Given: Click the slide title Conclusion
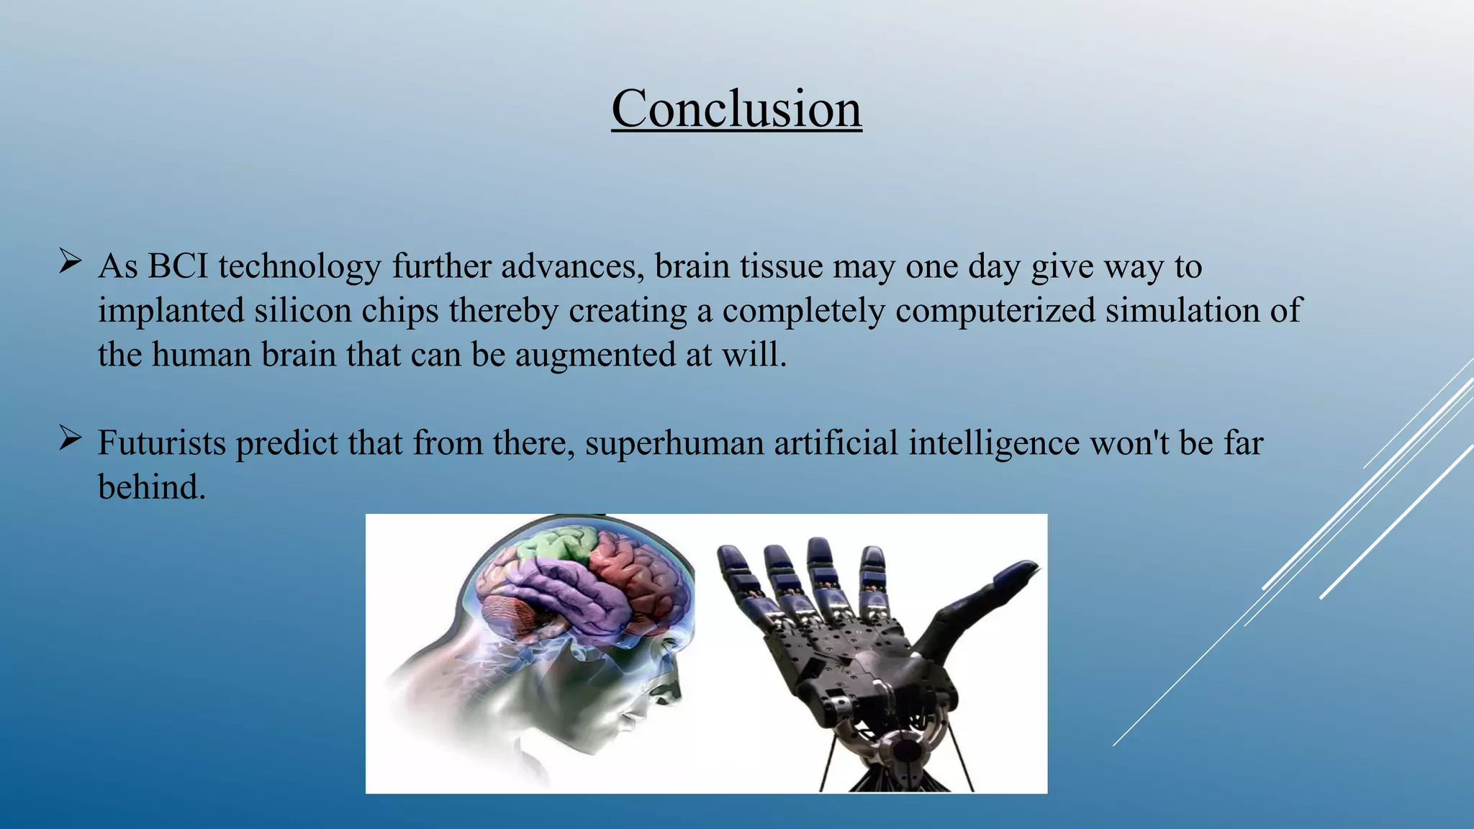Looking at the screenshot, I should (736, 109).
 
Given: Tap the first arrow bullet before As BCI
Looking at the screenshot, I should (70, 261).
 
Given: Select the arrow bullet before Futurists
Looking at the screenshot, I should (70, 438).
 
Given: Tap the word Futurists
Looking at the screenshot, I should (162, 443).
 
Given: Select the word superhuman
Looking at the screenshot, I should (674, 443).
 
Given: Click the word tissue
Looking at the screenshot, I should (782, 267).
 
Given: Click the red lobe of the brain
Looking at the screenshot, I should (633, 576).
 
